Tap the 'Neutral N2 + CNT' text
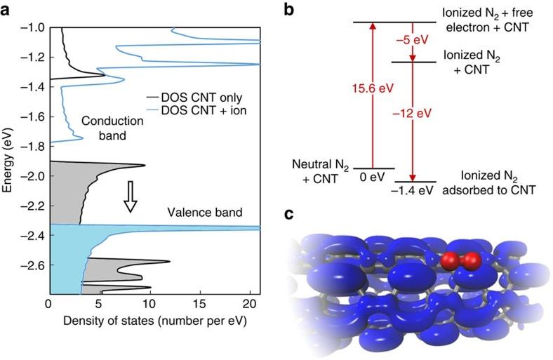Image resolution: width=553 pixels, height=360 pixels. pyautogui.click(x=318, y=171)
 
